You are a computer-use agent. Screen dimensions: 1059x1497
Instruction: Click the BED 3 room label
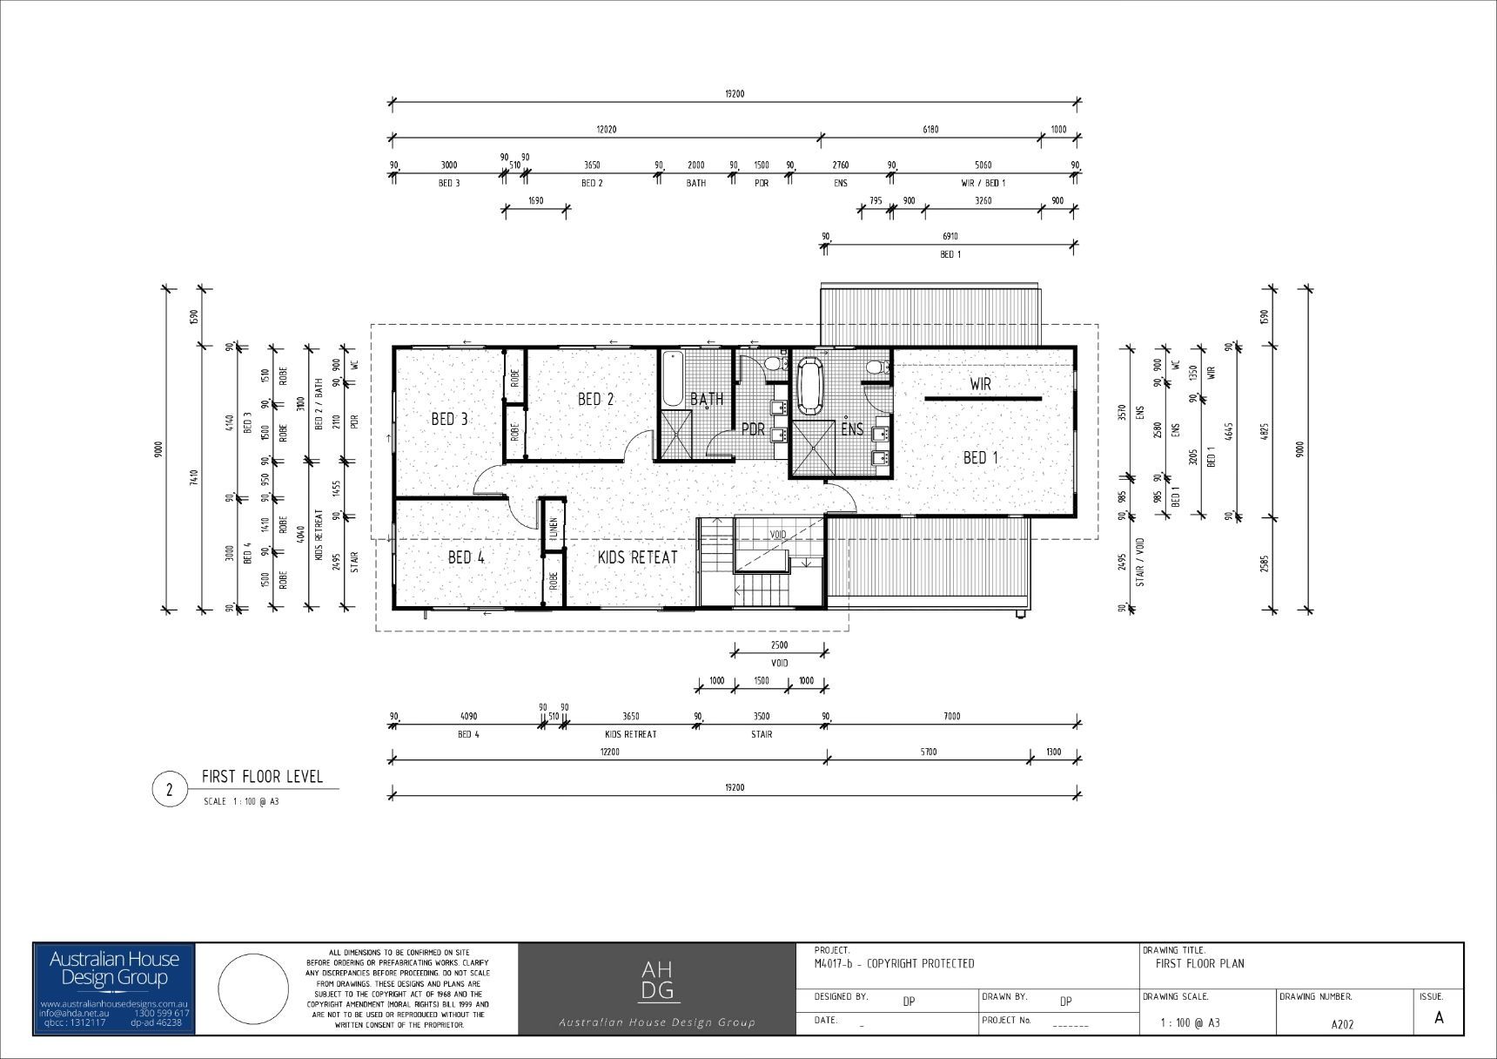coord(449,419)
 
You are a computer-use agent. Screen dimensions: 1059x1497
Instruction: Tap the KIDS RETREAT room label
coord(637,557)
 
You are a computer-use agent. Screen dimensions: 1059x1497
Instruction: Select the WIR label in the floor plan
coord(980,383)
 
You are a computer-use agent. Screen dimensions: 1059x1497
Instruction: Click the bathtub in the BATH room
coord(672,380)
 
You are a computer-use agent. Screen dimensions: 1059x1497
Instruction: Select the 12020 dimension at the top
coord(606,130)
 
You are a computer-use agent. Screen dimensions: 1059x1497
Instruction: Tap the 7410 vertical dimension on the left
coord(194,476)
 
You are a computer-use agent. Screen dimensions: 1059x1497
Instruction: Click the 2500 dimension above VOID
coord(779,645)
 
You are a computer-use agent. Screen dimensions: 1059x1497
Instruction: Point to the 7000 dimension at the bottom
coord(951,716)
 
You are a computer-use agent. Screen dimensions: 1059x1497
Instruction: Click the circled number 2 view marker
coord(169,790)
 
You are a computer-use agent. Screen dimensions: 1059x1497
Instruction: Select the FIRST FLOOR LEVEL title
coord(262,776)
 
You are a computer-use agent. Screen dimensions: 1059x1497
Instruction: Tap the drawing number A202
coord(1342,1024)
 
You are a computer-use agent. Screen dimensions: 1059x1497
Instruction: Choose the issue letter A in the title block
coord(1438,1017)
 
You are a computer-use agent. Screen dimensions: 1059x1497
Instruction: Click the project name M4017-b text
coord(894,963)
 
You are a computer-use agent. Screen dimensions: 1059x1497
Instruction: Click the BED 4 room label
coord(466,557)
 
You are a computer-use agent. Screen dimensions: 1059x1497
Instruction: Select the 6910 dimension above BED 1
coord(950,236)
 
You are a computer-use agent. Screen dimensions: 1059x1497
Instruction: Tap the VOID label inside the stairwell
coord(777,534)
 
